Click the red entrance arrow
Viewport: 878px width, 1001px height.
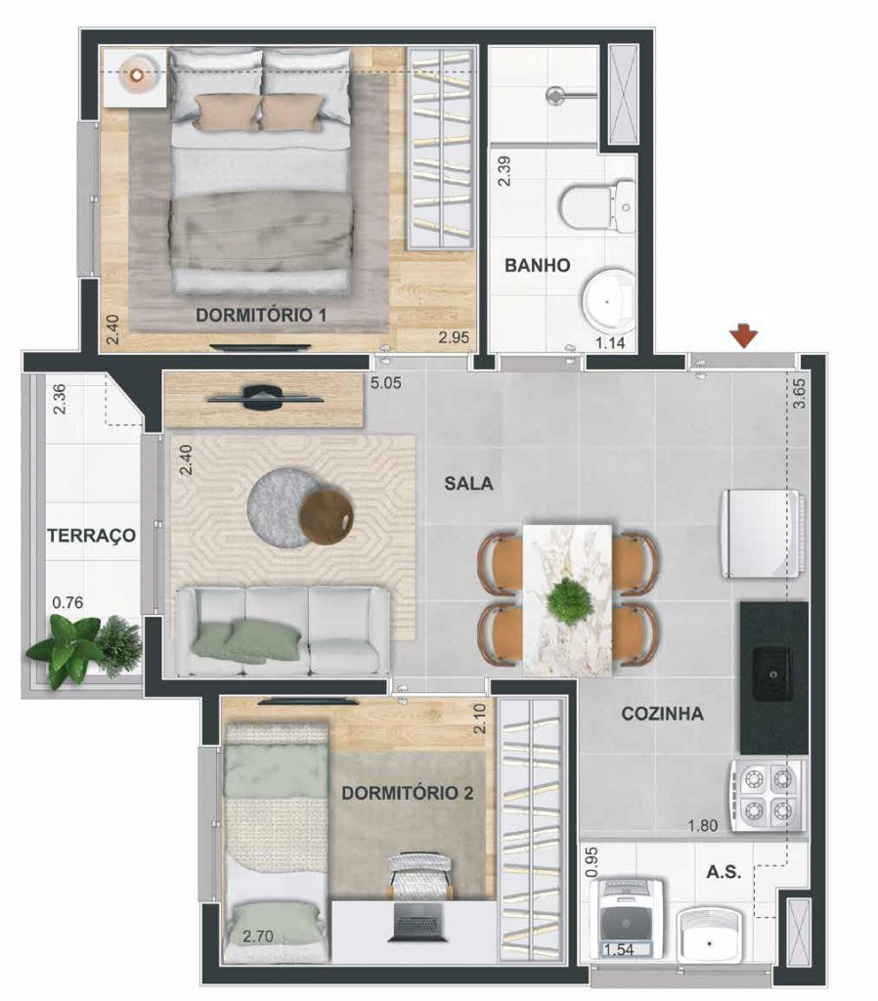point(744,336)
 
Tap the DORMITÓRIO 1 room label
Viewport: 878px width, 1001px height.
point(261,315)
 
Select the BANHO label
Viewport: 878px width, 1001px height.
point(537,265)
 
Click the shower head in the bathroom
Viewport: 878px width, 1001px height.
point(556,96)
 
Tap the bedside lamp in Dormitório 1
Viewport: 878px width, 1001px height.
point(136,75)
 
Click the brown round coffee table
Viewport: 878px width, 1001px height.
point(327,518)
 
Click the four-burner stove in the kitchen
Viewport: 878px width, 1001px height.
point(767,796)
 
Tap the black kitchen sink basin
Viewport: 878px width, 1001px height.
point(772,674)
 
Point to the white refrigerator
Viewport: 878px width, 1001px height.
point(761,534)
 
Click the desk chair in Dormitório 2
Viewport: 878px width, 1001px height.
point(420,876)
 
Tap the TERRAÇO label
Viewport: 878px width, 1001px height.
point(91,535)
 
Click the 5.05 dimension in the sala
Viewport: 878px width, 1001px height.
point(385,383)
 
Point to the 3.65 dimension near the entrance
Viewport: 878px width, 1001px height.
point(798,394)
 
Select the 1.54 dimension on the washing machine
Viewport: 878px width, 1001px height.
point(618,949)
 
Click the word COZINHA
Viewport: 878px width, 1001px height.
point(662,714)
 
